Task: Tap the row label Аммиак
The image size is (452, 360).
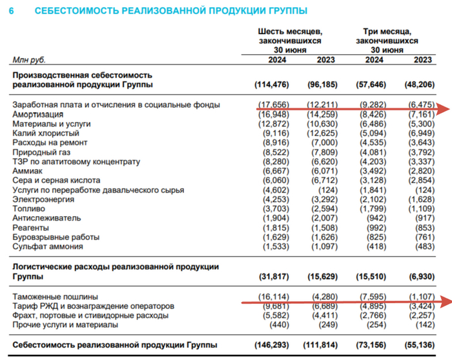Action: [26, 171]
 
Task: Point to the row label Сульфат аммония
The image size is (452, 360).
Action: [47, 246]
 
